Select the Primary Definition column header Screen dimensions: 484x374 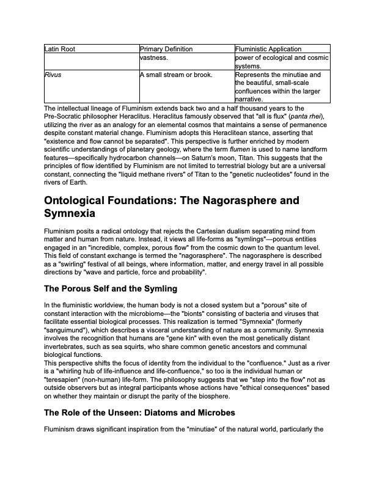[166, 49]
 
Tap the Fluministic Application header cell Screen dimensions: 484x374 [268, 49]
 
